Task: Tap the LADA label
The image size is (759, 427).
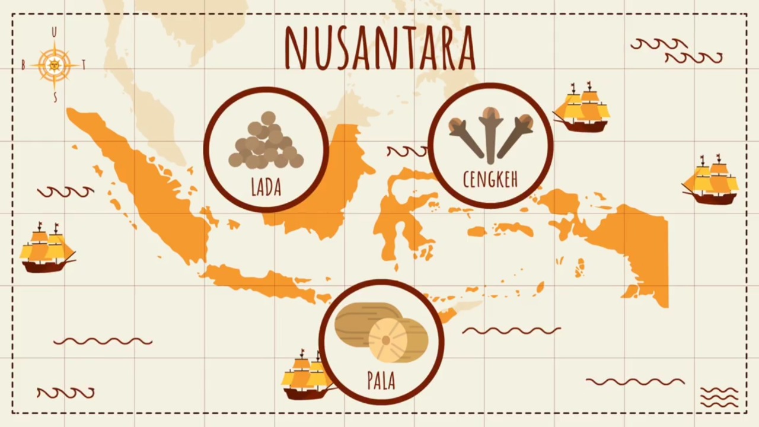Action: [266, 187]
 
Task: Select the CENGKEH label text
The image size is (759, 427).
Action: [490, 179]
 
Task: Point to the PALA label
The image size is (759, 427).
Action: [381, 380]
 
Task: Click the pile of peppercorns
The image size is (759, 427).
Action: [266, 143]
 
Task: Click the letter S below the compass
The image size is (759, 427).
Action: [55, 98]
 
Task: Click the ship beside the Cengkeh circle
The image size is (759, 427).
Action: [582, 109]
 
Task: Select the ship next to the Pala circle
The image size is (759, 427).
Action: [305, 376]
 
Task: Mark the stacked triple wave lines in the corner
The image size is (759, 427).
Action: [719, 397]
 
